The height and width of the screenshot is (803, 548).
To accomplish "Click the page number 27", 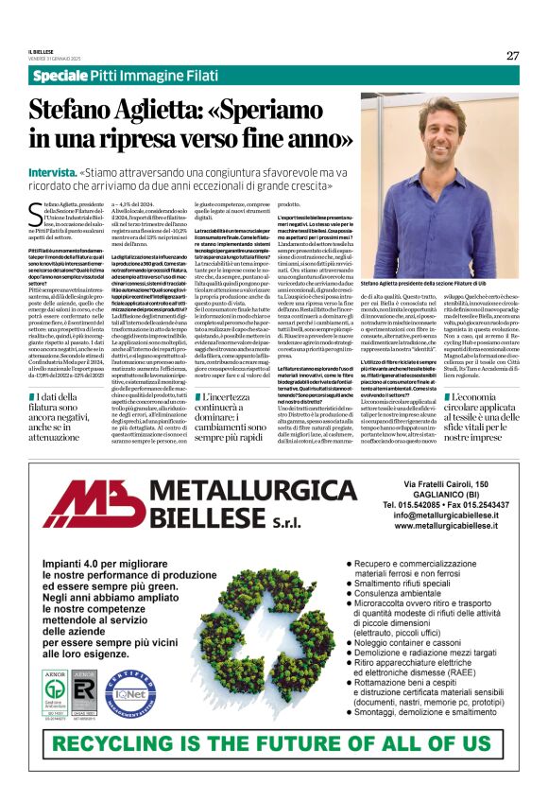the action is pos(512,55).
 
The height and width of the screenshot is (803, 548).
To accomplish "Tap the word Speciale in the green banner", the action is pos(62,75).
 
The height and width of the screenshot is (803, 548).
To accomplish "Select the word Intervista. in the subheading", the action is pos(52,173).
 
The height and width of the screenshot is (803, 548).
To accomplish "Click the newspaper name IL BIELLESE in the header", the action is pos(43,52).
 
